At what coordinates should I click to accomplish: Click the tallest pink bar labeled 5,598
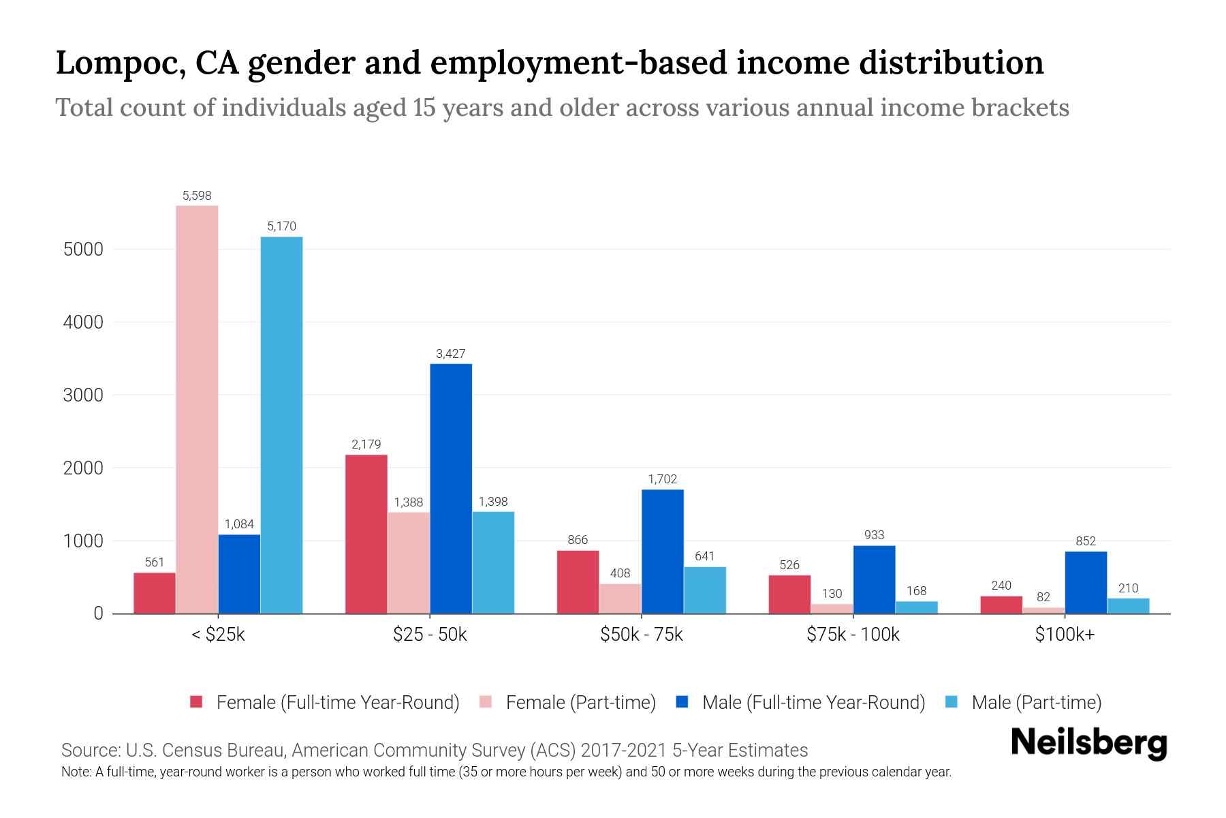click(197, 409)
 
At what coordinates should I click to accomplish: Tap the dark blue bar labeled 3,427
click(451, 488)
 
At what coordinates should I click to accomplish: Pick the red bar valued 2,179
click(366, 534)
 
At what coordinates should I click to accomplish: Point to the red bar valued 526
click(789, 594)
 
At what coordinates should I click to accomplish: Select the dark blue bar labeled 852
click(1086, 582)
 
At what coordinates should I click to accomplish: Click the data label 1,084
click(239, 524)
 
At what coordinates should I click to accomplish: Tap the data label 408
click(620, 573)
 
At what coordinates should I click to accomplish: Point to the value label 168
click(917, 591)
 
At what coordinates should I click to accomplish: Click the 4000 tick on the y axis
click(83, 322)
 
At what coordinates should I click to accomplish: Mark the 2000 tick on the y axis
click(83, 468)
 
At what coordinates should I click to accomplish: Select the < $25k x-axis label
click(217, 635)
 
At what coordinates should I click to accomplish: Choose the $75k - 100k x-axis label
click(853, 635)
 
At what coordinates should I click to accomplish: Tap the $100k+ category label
click(1065, 635)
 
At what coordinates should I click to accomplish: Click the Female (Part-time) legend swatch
click(486, 702)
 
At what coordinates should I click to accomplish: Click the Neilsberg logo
click(1088, 742)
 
